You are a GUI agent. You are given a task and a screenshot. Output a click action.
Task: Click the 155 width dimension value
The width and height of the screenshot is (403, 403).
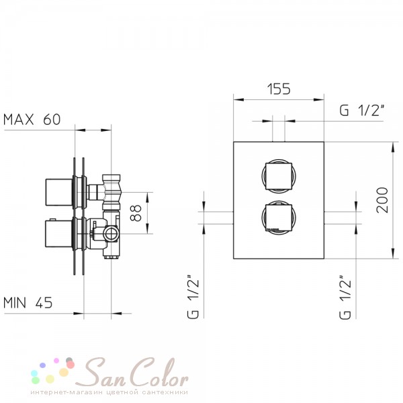(x=279, y=89)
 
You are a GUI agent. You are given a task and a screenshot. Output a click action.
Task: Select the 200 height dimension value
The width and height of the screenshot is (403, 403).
(x=382, y=200)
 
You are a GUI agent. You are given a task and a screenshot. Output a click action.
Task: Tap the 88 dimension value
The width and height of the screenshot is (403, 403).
(x=136, y=213)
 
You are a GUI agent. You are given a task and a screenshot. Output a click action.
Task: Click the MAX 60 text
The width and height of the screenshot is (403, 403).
(x=32, y=120)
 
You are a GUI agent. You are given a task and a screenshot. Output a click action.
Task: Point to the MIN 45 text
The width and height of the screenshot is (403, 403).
(x=28, y=302)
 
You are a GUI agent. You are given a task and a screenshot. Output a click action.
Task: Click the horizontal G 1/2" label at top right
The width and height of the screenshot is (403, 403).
(x=362, y=110)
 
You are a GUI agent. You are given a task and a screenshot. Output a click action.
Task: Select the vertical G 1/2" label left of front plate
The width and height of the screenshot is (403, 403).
(x=193, y=297)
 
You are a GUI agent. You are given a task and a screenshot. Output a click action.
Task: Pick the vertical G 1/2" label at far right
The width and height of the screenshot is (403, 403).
(x=345, y=298)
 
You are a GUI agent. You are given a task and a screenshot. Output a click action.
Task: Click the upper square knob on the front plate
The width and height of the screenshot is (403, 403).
(x=279, y=176)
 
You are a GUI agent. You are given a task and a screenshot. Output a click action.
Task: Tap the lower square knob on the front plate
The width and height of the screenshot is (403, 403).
(x=279, y=218)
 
